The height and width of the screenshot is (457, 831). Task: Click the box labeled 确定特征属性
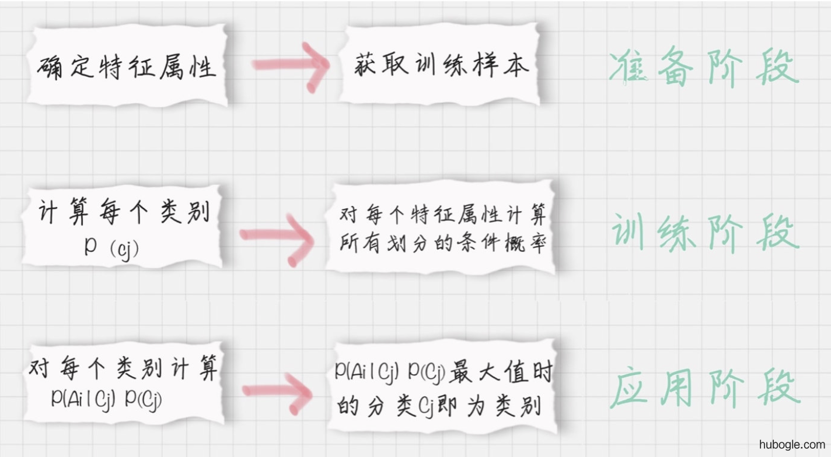[x=127, y=66]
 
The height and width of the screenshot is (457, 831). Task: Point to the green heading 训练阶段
[x=705, y=231]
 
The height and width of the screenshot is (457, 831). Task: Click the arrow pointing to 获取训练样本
[x=291, y=65]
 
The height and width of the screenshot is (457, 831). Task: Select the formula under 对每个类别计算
[x=106, y=398]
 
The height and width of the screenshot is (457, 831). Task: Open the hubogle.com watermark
[x=792, y=444]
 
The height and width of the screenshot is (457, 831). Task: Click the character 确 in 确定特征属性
[x=50, y=68]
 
